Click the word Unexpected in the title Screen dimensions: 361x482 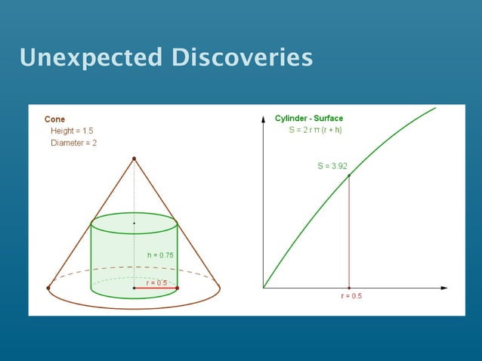[x=91, y=57]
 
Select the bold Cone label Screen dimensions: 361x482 [x=54, y=119]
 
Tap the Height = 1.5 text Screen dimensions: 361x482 [x=72, y=131]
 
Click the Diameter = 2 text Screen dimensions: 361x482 [x=73, y=143]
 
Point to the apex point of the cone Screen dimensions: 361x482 [x=134, y=159]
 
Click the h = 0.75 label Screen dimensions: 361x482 [x=160, y=255]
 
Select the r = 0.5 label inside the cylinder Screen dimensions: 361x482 [x=156, y=282]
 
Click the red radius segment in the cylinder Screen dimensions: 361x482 [x=155, y=288]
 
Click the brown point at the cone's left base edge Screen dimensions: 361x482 [x=48, y=288]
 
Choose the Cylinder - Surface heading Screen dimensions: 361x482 [x=308, y=119]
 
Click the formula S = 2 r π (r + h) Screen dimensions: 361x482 [x=315, y=130]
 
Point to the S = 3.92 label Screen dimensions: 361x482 [x=332, y=165]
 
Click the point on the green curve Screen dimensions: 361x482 [x=348, y=176]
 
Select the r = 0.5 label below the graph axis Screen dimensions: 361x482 [x=351, y=296]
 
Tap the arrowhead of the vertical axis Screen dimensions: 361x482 [x=263, y=118]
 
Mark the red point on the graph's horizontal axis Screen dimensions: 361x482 [x=348, y=288]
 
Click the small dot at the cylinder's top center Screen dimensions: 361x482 [x=134, y=224]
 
